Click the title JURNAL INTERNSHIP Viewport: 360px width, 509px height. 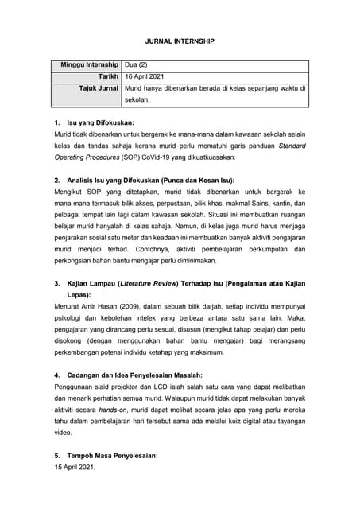tap(180, 39)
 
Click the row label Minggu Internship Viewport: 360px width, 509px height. tap(90, 64)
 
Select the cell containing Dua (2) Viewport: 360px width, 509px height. tap(138, 64)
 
